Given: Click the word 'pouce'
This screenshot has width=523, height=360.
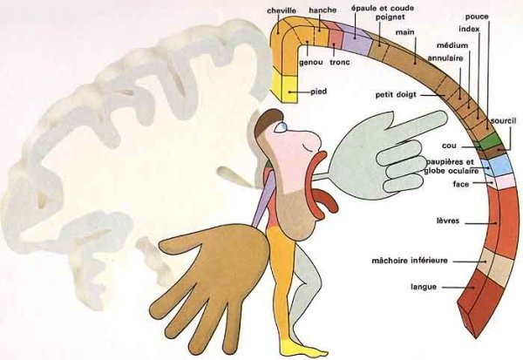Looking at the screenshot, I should [477, 16].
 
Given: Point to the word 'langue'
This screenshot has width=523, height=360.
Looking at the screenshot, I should [423, 287].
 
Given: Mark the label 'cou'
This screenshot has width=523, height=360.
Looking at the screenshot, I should [450, 146].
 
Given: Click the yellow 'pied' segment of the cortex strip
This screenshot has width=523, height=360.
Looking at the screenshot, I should [285, 85].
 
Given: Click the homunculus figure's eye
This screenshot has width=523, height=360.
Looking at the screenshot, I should [281, 127].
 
